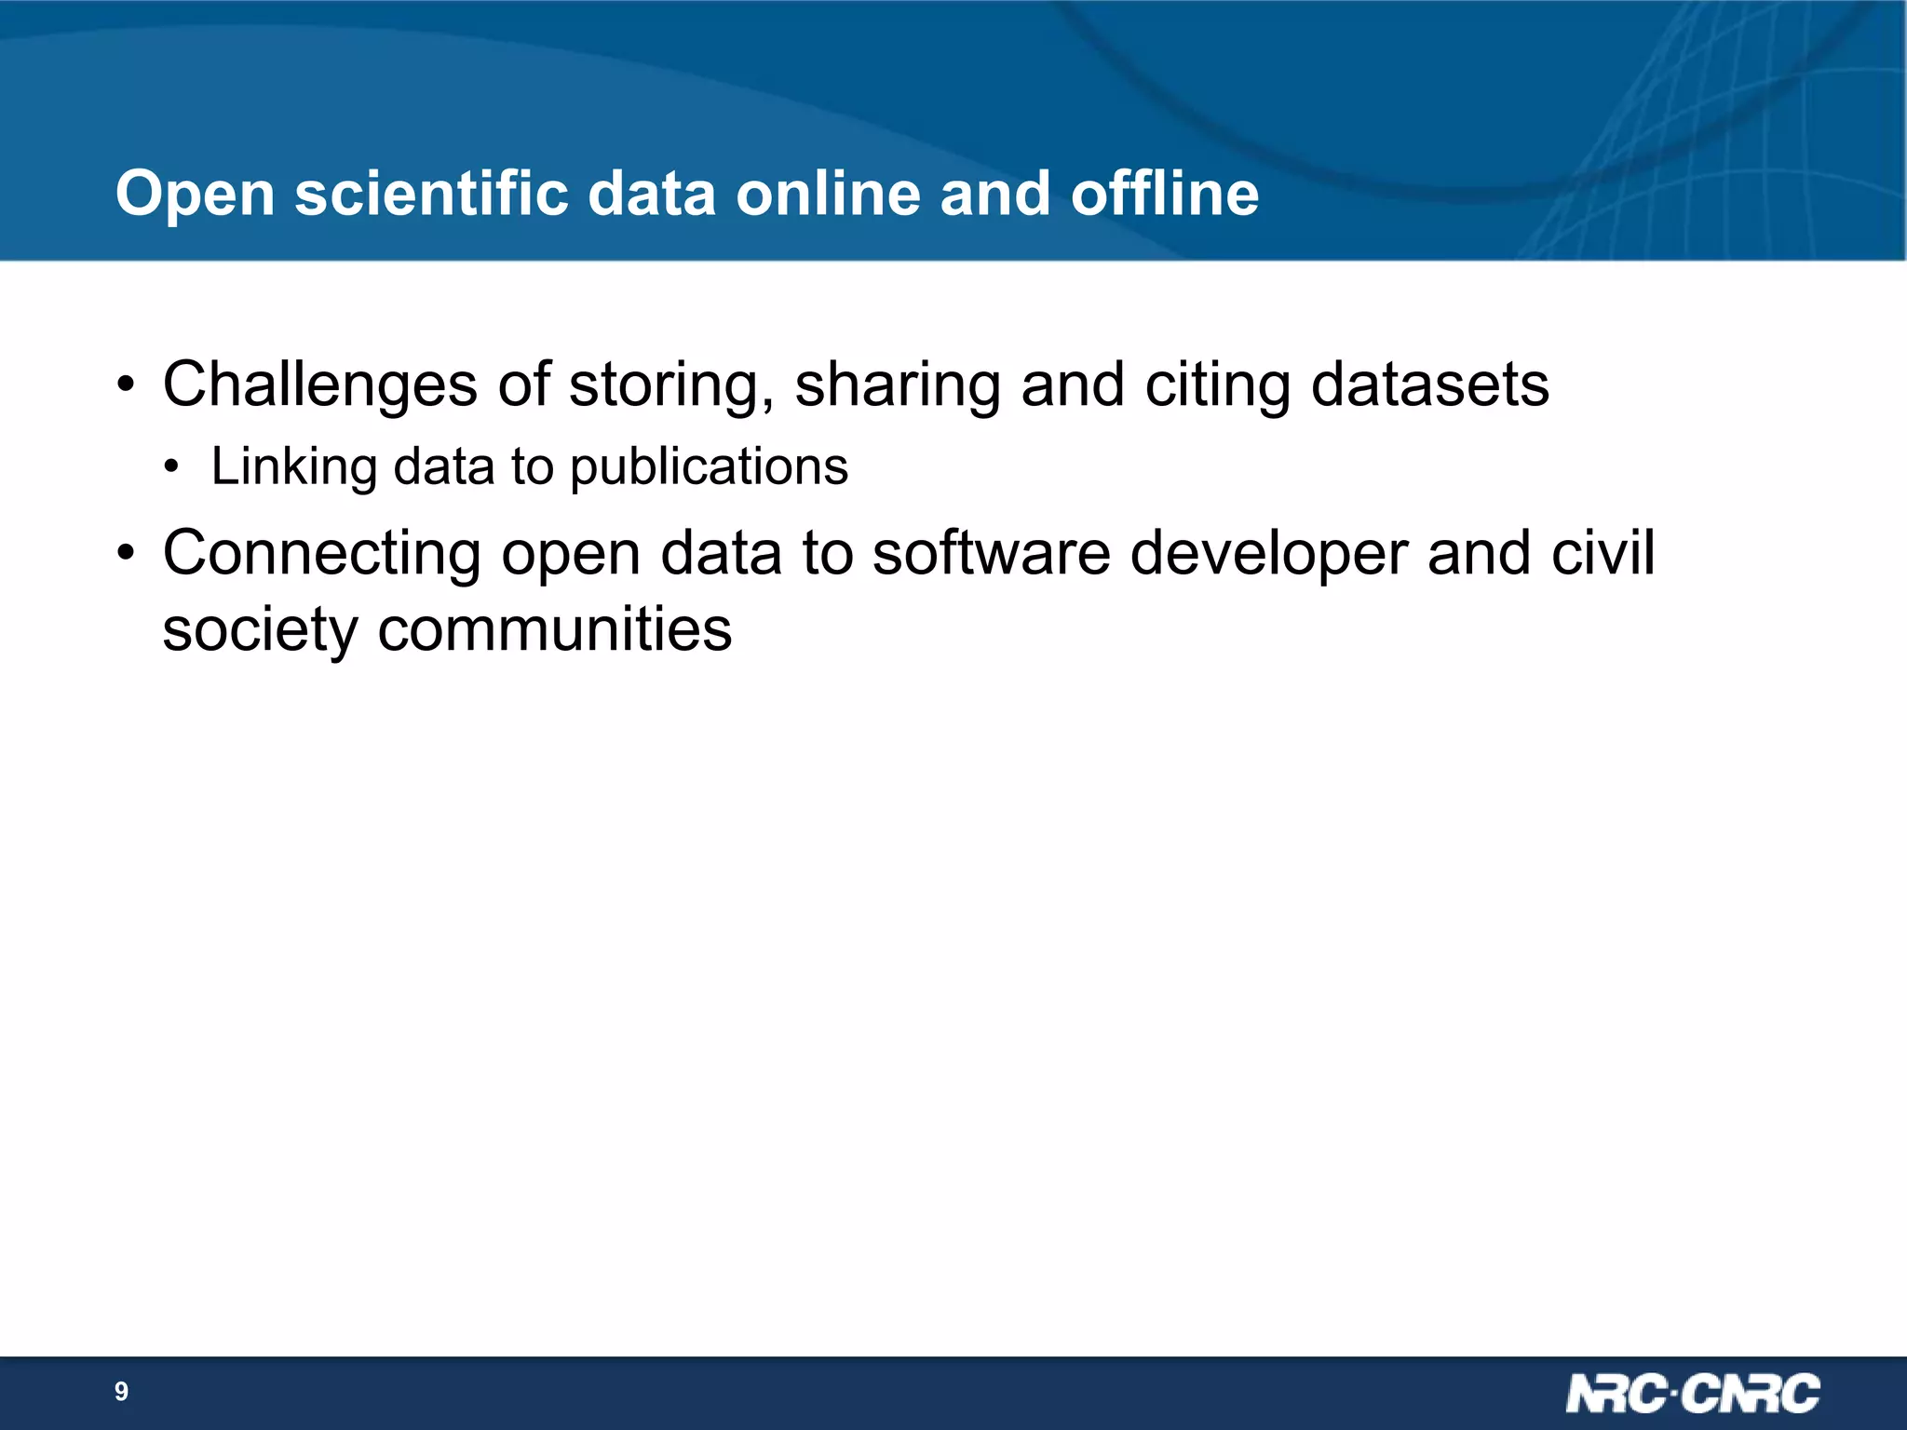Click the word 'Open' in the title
pos(195,196)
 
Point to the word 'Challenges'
pos(319,385)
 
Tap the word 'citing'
pos(1217,385)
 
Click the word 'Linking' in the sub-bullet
pos(293,467)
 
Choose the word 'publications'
pos(709,467)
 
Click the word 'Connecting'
pos(321,554)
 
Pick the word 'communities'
pos(554,630)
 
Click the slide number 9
pos(121,1392)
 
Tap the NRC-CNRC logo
pos(1692,1394)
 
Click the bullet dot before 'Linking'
pos(170,468)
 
